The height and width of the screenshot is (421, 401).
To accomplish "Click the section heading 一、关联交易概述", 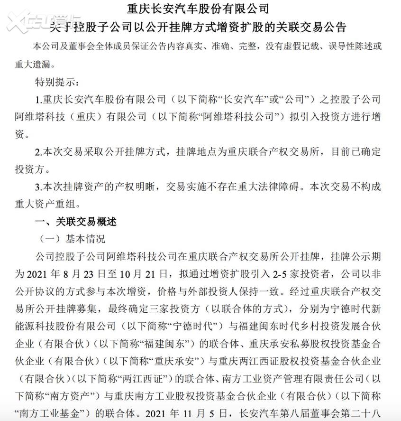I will click(x=76, y=221).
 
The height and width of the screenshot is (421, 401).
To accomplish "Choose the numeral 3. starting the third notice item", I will click(x=39, y=187).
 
